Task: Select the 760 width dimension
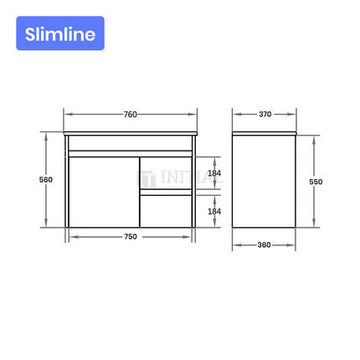[131, 114]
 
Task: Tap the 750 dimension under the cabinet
[131, 237]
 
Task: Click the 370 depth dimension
[265, 114]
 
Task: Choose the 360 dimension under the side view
[265, 245]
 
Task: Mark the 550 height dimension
[315, 181]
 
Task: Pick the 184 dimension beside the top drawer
[213, 173]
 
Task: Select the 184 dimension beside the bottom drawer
[213, 211]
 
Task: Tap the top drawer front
[165, 173]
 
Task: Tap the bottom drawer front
[165, 211]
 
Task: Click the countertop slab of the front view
[131, 134]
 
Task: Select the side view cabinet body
[265, 183]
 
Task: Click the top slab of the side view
[265, 134]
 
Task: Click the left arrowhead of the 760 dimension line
[67, 114]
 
